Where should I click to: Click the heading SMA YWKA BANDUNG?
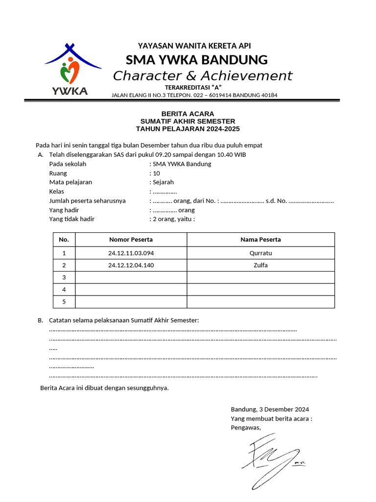tap(197, 60)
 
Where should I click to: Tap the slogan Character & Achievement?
tap(203, 76)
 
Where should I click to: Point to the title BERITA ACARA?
tap(188, 113)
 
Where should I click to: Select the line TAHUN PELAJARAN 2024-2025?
tap(188, 129)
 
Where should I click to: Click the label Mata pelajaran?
tap(70, 182)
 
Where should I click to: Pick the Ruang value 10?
tap(157, 173)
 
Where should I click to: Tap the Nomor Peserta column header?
tap(131, 240)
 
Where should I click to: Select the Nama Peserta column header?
tap(260, 240)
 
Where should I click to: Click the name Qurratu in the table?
tap(260, 253)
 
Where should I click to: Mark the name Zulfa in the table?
tap(260, 265)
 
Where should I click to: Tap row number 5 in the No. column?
tap(64, 301)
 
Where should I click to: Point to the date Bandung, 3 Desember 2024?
tap(270, 409)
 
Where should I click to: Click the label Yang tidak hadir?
tap(72, 219)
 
